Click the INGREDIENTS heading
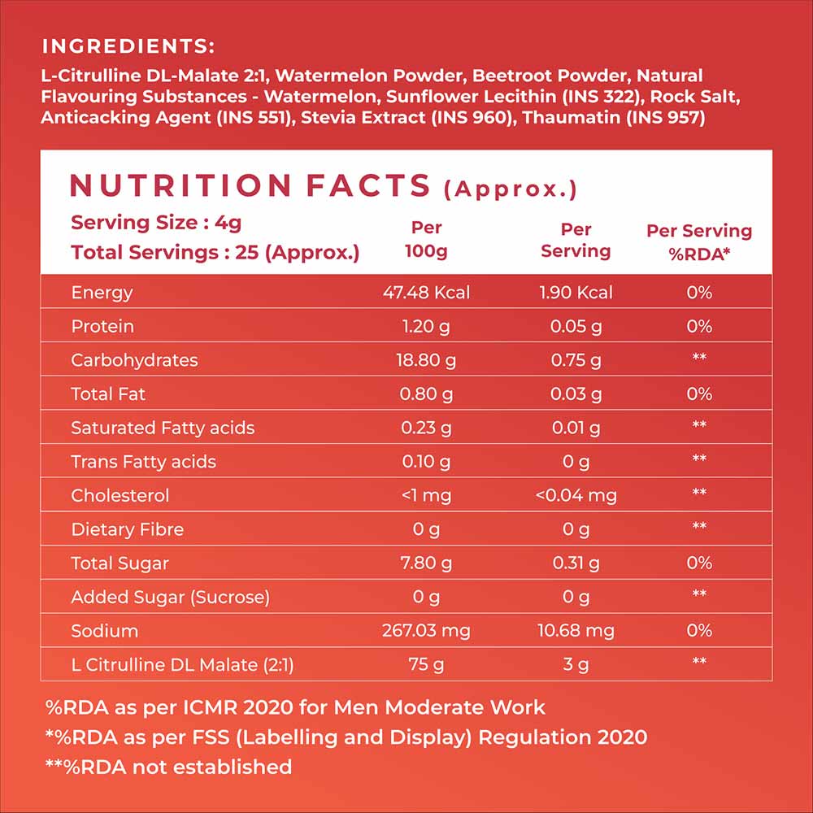click(x=128, y=46)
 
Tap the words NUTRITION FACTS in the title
click(x=250, y=185)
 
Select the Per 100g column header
click(x=426, y=240)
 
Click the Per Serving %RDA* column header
click(x=698, y=241)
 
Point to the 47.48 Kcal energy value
click(x=426, y=293)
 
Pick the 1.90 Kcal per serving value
click(x=576, y=293)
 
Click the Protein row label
click(x=102, y=327)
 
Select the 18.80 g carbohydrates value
click(x=426, y=360)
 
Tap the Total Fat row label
click(x=107, y=394)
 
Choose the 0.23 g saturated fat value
click(x=426, y=428)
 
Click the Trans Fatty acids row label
click(x=143, y=462)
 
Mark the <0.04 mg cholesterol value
click(x=576, y=496)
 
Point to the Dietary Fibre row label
click(x=127, y=530)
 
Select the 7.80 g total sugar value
click(x=426, y=563)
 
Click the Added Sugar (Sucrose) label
click(x=169, y=598)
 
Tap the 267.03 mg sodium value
click(x=426, y=631)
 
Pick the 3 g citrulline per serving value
click(x=576, y=665)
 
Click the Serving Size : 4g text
click(x=156, y=223)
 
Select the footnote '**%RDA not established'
click(x=168, y=767)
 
